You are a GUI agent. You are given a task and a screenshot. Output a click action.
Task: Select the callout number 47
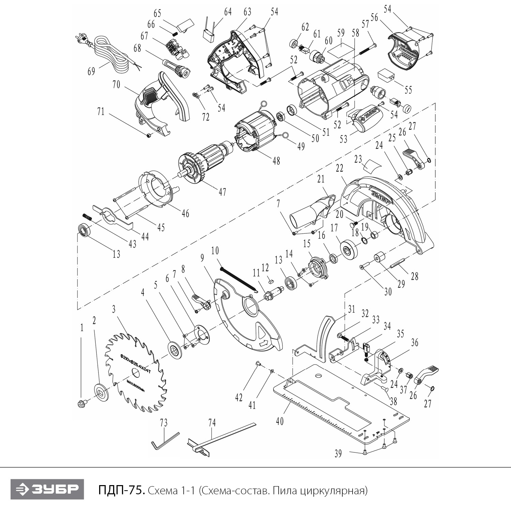222,192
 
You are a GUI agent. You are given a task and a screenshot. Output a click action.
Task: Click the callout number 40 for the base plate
279,421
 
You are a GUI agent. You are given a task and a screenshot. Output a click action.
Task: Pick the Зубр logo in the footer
47,490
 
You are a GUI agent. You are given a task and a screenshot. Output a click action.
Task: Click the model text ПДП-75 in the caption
121,491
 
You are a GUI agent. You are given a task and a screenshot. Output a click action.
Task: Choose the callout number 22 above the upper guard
339,168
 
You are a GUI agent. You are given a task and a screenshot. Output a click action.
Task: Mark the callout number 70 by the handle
117,85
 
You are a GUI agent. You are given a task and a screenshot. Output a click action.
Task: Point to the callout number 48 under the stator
276,160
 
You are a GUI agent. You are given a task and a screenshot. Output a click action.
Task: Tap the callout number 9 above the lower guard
202,258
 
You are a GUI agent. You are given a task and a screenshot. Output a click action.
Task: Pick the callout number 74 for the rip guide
212,423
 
